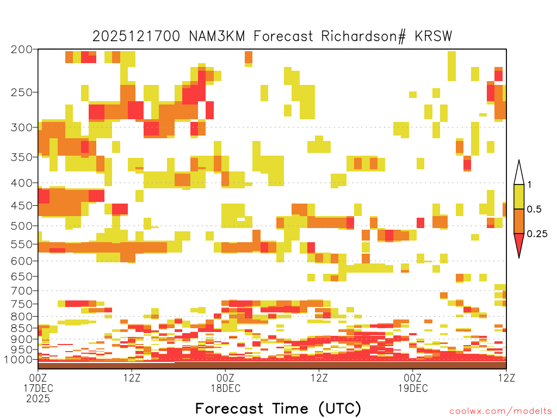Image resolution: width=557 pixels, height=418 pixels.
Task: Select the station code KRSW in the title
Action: click(x=433, y=36)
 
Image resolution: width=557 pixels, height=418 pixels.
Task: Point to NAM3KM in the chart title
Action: click(x=217, y=36)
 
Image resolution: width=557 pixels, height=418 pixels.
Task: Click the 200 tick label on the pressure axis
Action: click(x=22, y=50)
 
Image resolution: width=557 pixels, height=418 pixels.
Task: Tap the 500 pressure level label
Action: click(x=22, y=226)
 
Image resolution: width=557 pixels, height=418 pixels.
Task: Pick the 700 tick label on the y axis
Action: click(x=22, y=291)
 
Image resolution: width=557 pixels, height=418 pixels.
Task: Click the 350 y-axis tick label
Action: click(x=22, y=157)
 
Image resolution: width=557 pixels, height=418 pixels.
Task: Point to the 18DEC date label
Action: click(x=226, y=388)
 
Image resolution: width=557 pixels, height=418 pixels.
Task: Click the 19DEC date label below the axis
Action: click(x=413, y=388)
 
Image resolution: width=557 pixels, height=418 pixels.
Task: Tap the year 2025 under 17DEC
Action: click(x=38, y=399)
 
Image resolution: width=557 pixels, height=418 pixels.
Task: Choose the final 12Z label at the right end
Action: click(x=506, y=378)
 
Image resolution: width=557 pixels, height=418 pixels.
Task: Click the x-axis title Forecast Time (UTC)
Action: click(x=278, y=409)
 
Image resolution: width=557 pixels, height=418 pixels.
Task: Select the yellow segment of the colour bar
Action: click(x=519, y=196)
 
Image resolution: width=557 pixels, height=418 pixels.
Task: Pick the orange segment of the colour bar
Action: click(x=519, y=221)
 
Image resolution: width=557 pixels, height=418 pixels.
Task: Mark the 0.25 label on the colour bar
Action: click(x=537, y=234)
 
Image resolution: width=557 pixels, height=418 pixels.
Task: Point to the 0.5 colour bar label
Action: click(x=534, y=209)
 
